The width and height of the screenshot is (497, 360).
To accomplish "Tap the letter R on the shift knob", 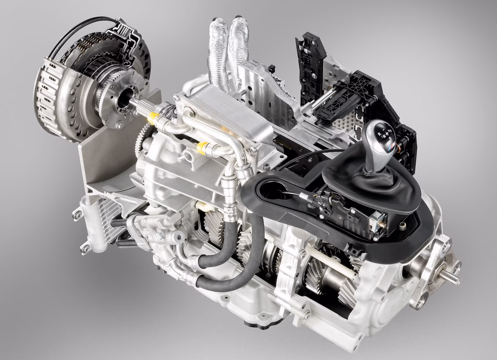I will (x=379, y=133).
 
